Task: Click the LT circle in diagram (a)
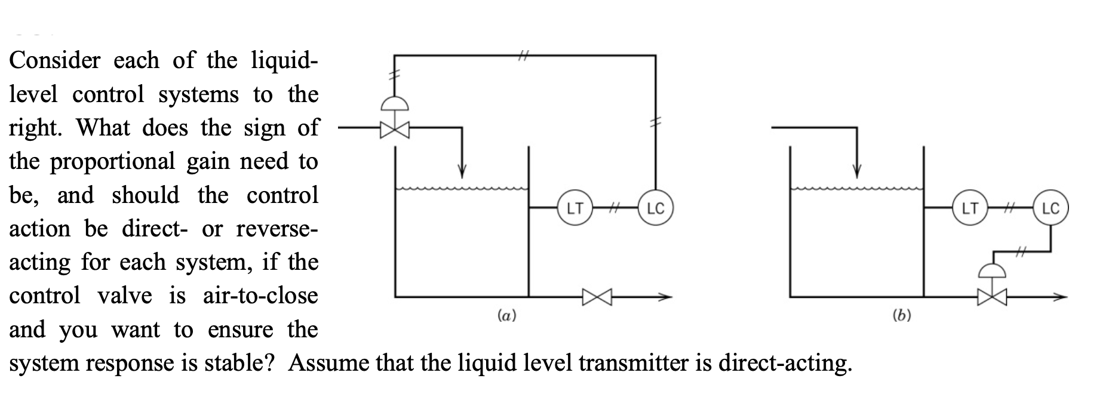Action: click(574, 208)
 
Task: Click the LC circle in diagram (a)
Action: click(656, 208)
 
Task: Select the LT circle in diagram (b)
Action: click(969, 208)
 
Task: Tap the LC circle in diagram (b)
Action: click(1050, 208)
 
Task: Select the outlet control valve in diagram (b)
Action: click(992, 295)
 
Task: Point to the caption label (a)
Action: click(507, 315)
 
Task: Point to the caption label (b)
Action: click(902, 315)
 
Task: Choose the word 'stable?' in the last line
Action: click(238, 362)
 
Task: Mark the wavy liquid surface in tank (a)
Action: click(461, 189)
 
